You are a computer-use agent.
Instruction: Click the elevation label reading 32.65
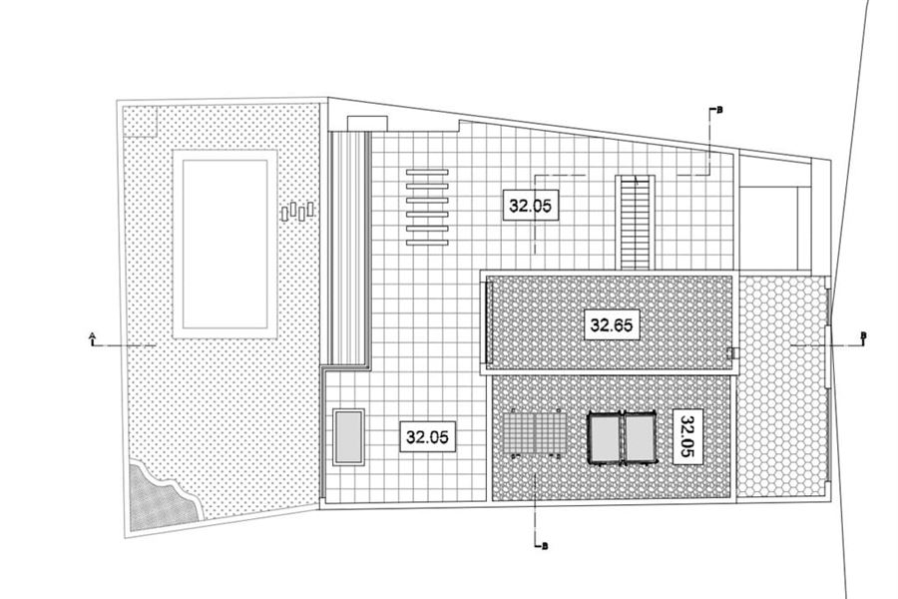point(612,325)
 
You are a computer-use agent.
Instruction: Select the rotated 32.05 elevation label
point(687,436)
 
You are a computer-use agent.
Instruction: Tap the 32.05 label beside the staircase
point(531,206)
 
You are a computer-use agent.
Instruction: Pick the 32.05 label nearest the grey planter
point(428,437)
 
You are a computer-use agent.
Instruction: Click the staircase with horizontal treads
point(636,223)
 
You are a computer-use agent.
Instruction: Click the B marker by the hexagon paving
point(864,335)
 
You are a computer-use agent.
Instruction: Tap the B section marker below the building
point(545,546)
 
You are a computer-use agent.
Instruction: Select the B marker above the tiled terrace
point(719,110)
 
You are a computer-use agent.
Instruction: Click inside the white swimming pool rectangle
point(225,245)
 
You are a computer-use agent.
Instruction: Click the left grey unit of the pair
point(606,437)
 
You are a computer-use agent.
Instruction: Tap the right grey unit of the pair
point(641,437)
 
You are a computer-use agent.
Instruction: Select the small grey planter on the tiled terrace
point(348,437)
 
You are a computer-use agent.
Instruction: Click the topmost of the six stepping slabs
point(427,172)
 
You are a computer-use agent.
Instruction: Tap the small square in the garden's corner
point(141,121)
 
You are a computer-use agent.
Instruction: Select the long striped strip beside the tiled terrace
point(348,250)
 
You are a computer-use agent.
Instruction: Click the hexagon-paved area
point(781,387)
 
